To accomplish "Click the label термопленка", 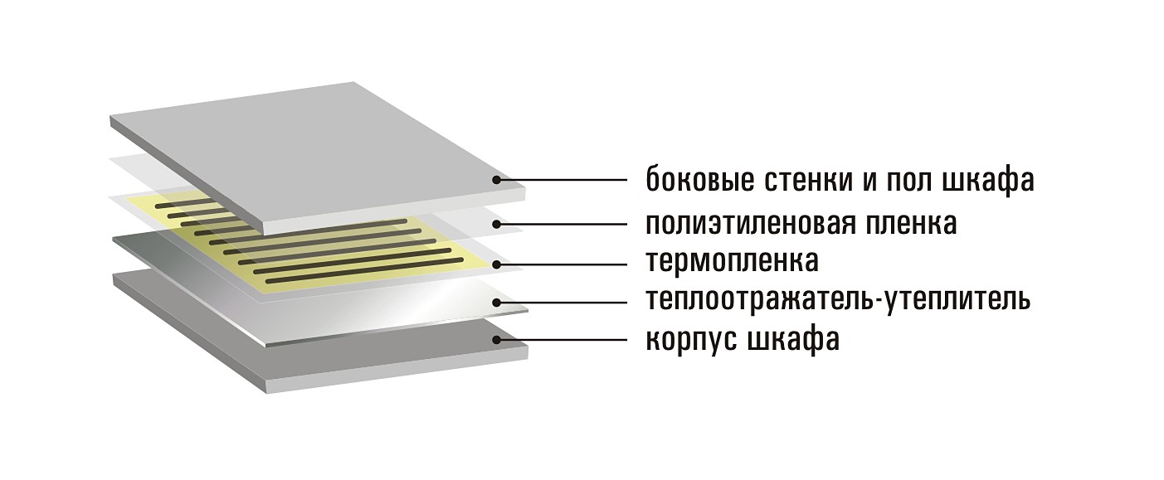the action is [x=733, y=261].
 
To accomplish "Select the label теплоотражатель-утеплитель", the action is [x=838, y=299].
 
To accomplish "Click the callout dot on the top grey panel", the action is [x=497, y=180].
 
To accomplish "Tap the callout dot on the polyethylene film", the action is [x=497, y=225].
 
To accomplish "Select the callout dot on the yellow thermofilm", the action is [x=497, y=264].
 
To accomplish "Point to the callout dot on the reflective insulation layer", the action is [x=497, y=303].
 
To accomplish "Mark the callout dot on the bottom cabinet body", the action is [x=497, y=340].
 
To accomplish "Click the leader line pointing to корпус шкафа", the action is [x=563, y=340].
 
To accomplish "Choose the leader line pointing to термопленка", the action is [x=563, y=264].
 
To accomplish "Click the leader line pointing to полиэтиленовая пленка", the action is [x=563, y=225].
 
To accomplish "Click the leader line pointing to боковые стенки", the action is [x=563, y=180].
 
